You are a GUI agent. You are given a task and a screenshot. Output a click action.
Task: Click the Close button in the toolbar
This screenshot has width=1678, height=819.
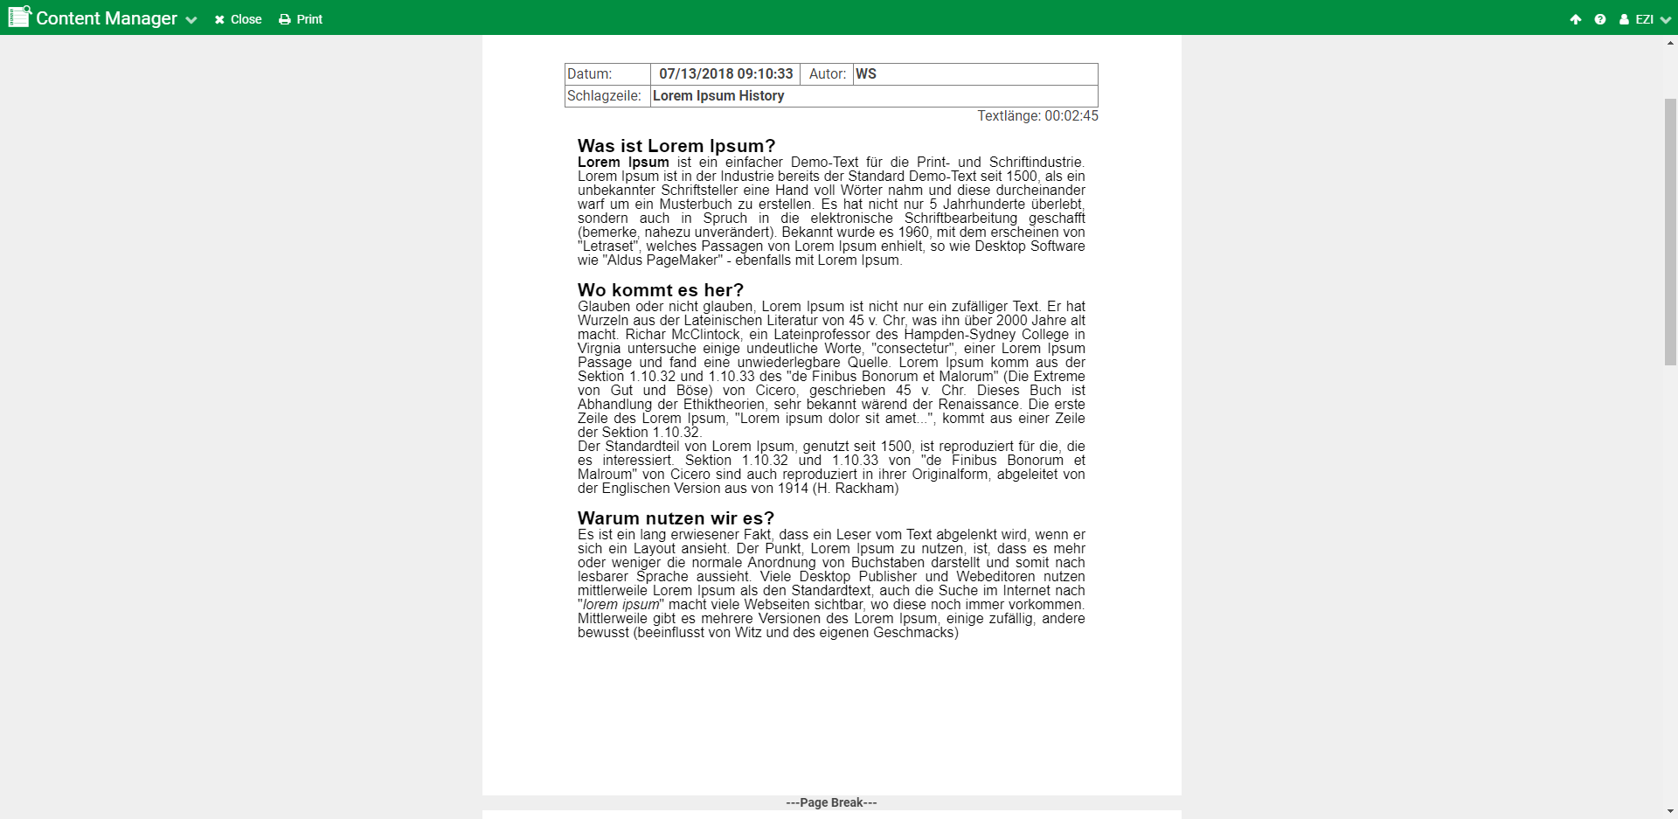click(238, 19)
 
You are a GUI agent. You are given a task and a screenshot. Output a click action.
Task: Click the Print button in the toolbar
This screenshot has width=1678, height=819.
click(301, 19)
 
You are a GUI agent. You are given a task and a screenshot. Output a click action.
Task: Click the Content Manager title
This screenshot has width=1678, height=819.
click(106, 18)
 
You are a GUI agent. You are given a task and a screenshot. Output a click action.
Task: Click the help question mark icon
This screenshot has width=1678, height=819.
click(1599, 19)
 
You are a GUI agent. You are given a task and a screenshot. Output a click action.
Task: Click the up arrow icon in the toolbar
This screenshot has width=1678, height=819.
click(1575, 19)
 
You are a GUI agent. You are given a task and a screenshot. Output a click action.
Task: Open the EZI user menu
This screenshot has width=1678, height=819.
click(1644, 19)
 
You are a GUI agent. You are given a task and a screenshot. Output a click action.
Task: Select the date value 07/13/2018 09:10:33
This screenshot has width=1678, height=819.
click(725, 74)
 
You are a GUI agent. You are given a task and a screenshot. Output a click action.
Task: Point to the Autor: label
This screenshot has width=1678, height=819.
click(827, 74)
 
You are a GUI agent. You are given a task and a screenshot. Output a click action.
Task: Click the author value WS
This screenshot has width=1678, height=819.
click(866, 74)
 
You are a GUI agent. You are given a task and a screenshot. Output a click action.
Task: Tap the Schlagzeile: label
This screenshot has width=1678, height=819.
click(604, 96)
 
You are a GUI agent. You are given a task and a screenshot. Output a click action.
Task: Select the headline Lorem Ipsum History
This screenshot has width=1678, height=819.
click(718, 96)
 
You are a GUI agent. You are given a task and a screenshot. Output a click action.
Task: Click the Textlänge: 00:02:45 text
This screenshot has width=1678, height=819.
click(1037, 116)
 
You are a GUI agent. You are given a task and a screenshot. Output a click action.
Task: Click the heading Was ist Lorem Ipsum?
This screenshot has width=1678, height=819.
click(676, 146)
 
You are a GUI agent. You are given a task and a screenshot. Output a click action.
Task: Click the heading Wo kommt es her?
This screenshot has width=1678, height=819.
click(661, 290)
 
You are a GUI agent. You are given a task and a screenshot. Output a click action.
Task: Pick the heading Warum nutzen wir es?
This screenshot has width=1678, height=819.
click(676, 518)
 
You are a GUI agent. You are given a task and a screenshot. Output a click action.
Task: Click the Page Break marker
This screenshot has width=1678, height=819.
click(831, 802)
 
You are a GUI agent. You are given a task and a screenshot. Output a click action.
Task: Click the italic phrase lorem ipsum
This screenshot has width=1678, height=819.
click(621, 605)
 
